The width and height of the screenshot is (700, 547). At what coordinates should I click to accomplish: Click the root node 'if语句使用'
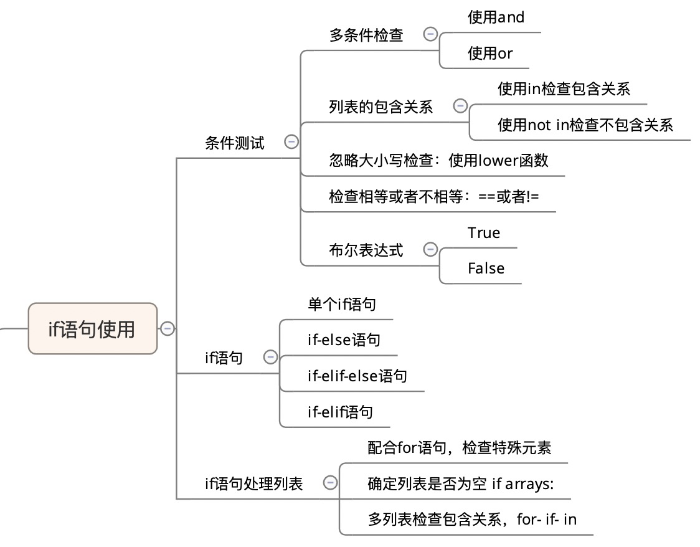(92, 328)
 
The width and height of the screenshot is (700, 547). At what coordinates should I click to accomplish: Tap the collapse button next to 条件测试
(291, 142)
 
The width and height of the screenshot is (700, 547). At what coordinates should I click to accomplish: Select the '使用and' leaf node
(496, 17)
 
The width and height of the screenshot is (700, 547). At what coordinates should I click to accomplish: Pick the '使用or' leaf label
(490, 54)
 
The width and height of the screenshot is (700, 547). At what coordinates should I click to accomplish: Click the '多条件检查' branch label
(366, 35)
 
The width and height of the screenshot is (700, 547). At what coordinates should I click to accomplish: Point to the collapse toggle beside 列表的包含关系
(460, 106)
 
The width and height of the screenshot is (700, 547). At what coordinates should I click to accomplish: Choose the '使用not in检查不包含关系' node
(585, 125)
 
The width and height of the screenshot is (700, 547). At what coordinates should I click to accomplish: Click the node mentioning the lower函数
(438, 160)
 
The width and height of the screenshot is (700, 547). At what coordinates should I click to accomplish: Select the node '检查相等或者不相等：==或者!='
(433, 196)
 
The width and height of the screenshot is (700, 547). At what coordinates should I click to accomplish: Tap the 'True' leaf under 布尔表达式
(484, 233)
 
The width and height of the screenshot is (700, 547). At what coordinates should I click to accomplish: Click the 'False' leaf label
(486, 269)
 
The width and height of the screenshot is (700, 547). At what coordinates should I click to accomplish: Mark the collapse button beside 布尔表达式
(430, 249)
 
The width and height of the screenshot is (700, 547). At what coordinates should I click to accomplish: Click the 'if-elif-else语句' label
(357, 376)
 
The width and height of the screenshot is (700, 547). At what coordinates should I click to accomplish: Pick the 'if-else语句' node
(343, 340)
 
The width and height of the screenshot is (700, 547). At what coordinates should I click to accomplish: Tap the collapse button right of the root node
(167, 328)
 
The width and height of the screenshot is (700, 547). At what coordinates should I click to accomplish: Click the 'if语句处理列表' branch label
(253, 483)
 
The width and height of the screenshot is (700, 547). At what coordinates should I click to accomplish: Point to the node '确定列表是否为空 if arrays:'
(460, 483)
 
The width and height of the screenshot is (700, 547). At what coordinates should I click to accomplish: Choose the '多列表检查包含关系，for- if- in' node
(472, 519)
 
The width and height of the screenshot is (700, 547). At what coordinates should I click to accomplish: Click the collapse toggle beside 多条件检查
(430, 34)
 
